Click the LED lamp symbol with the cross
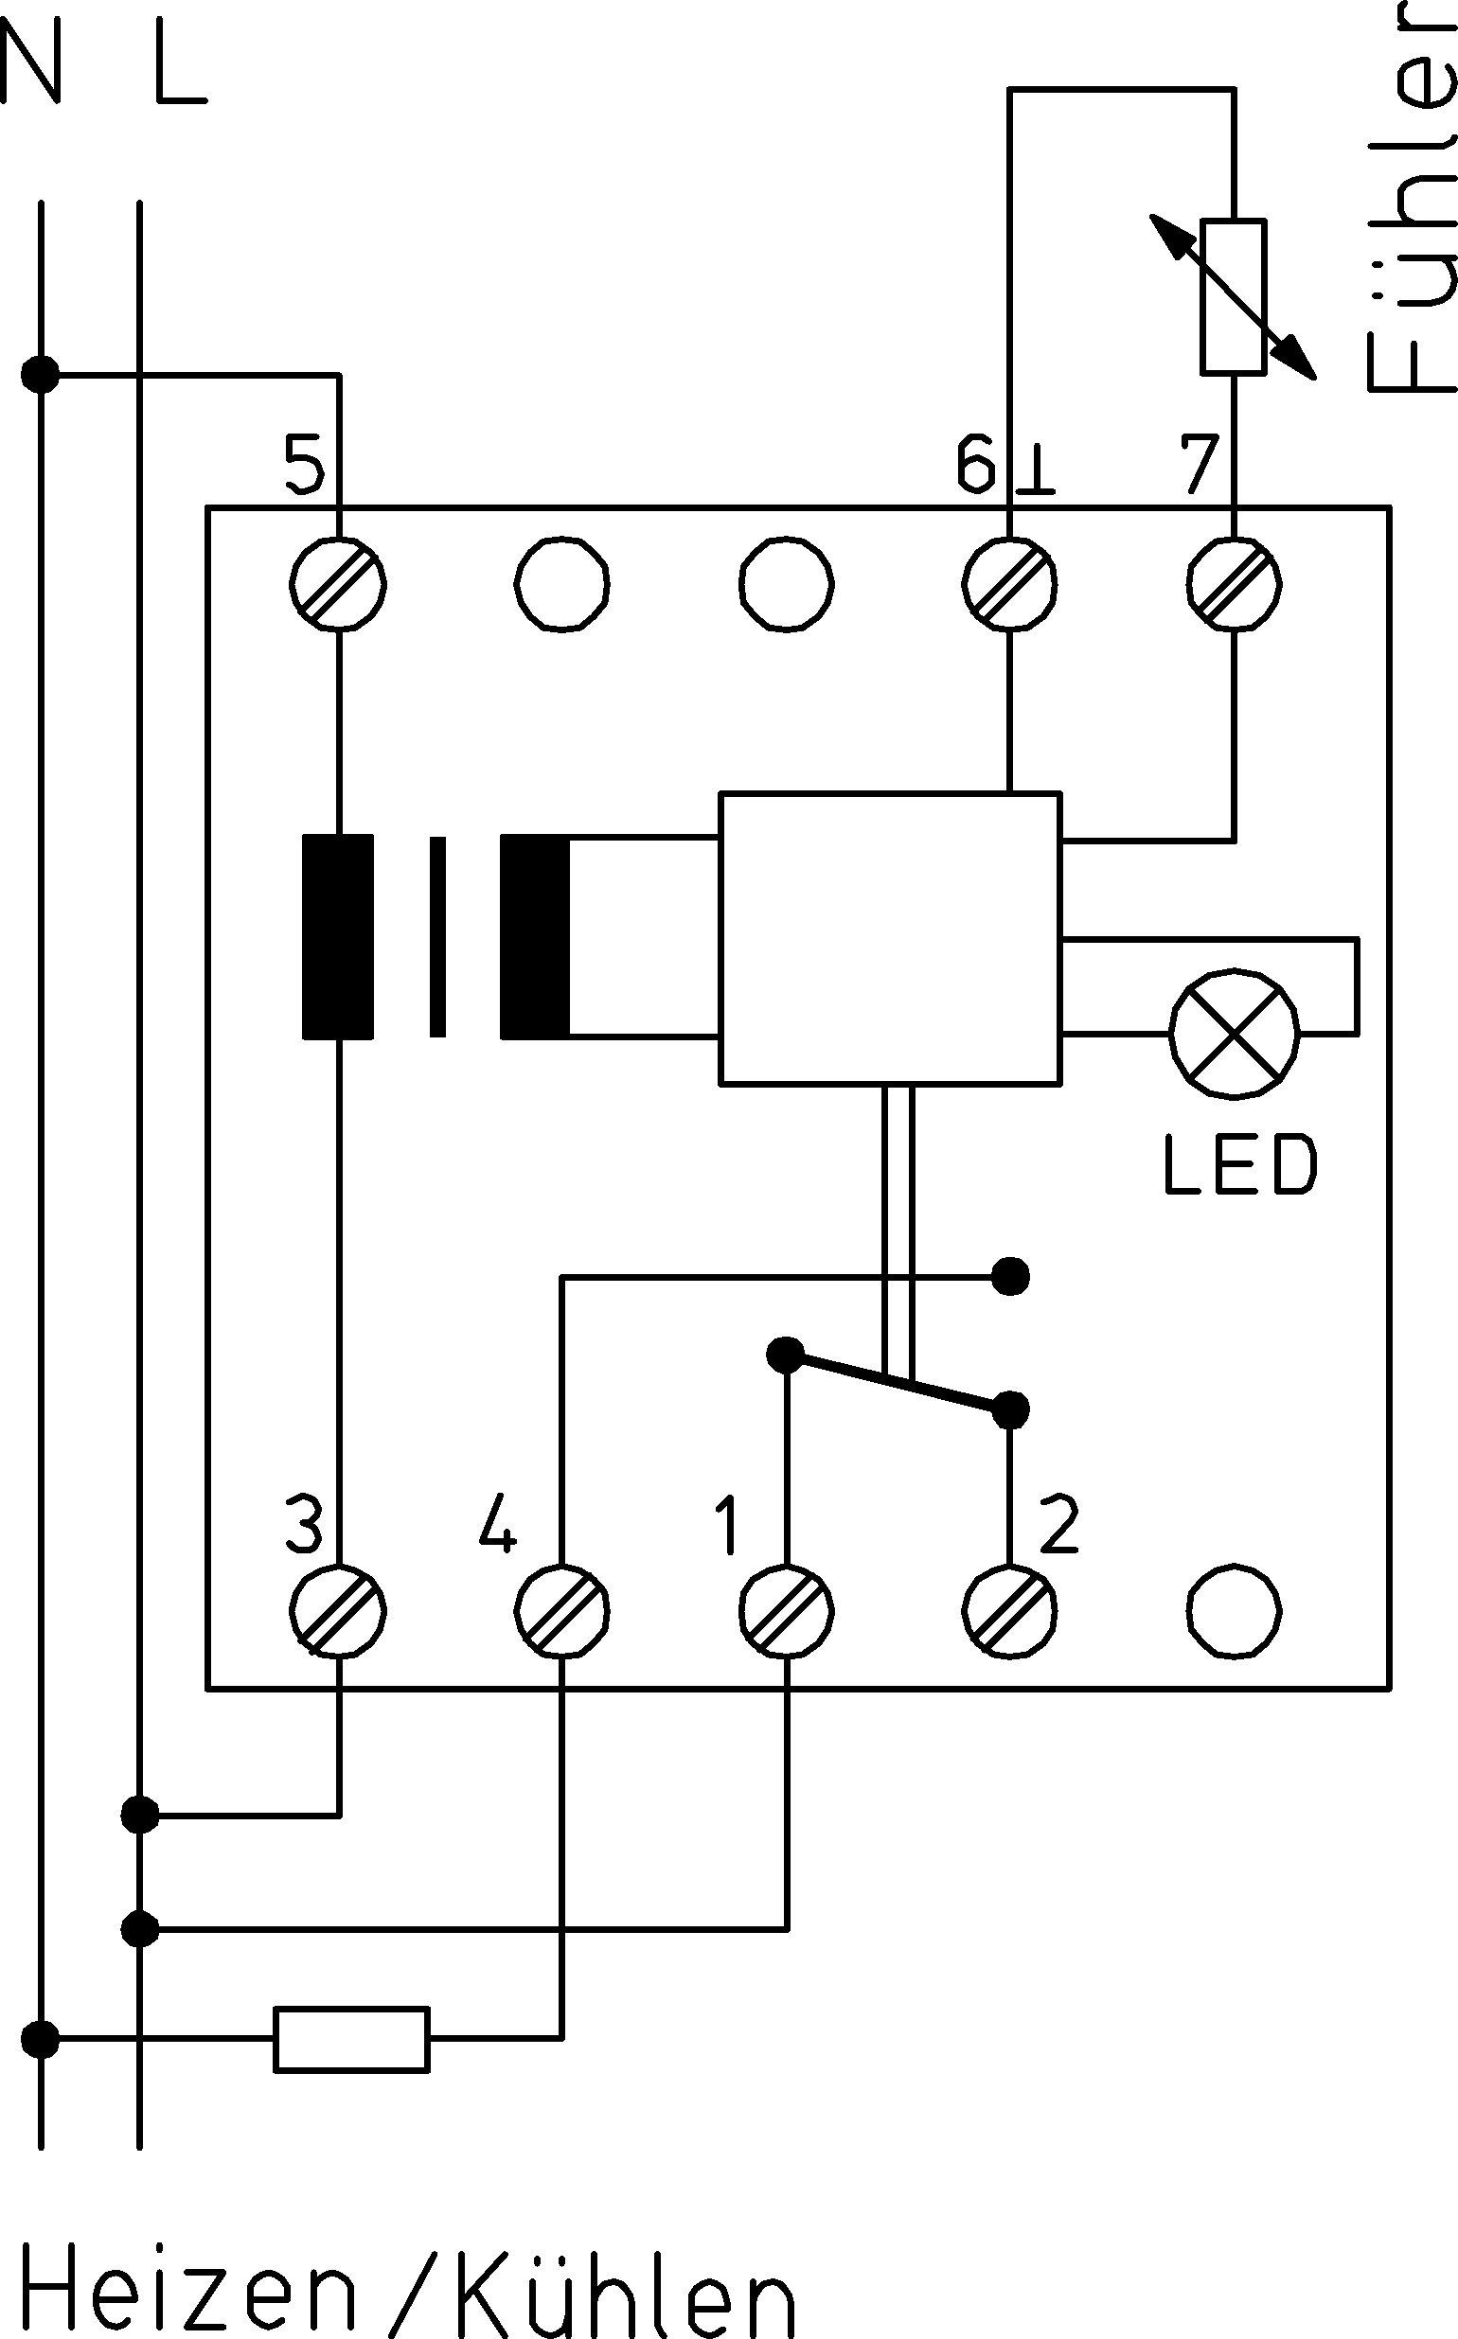1235,1035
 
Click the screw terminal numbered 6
1010,584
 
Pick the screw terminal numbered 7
1235,584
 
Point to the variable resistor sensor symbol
1234,296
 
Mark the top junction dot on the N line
41,374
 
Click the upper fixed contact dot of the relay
1010,1277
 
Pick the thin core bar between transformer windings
437,937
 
